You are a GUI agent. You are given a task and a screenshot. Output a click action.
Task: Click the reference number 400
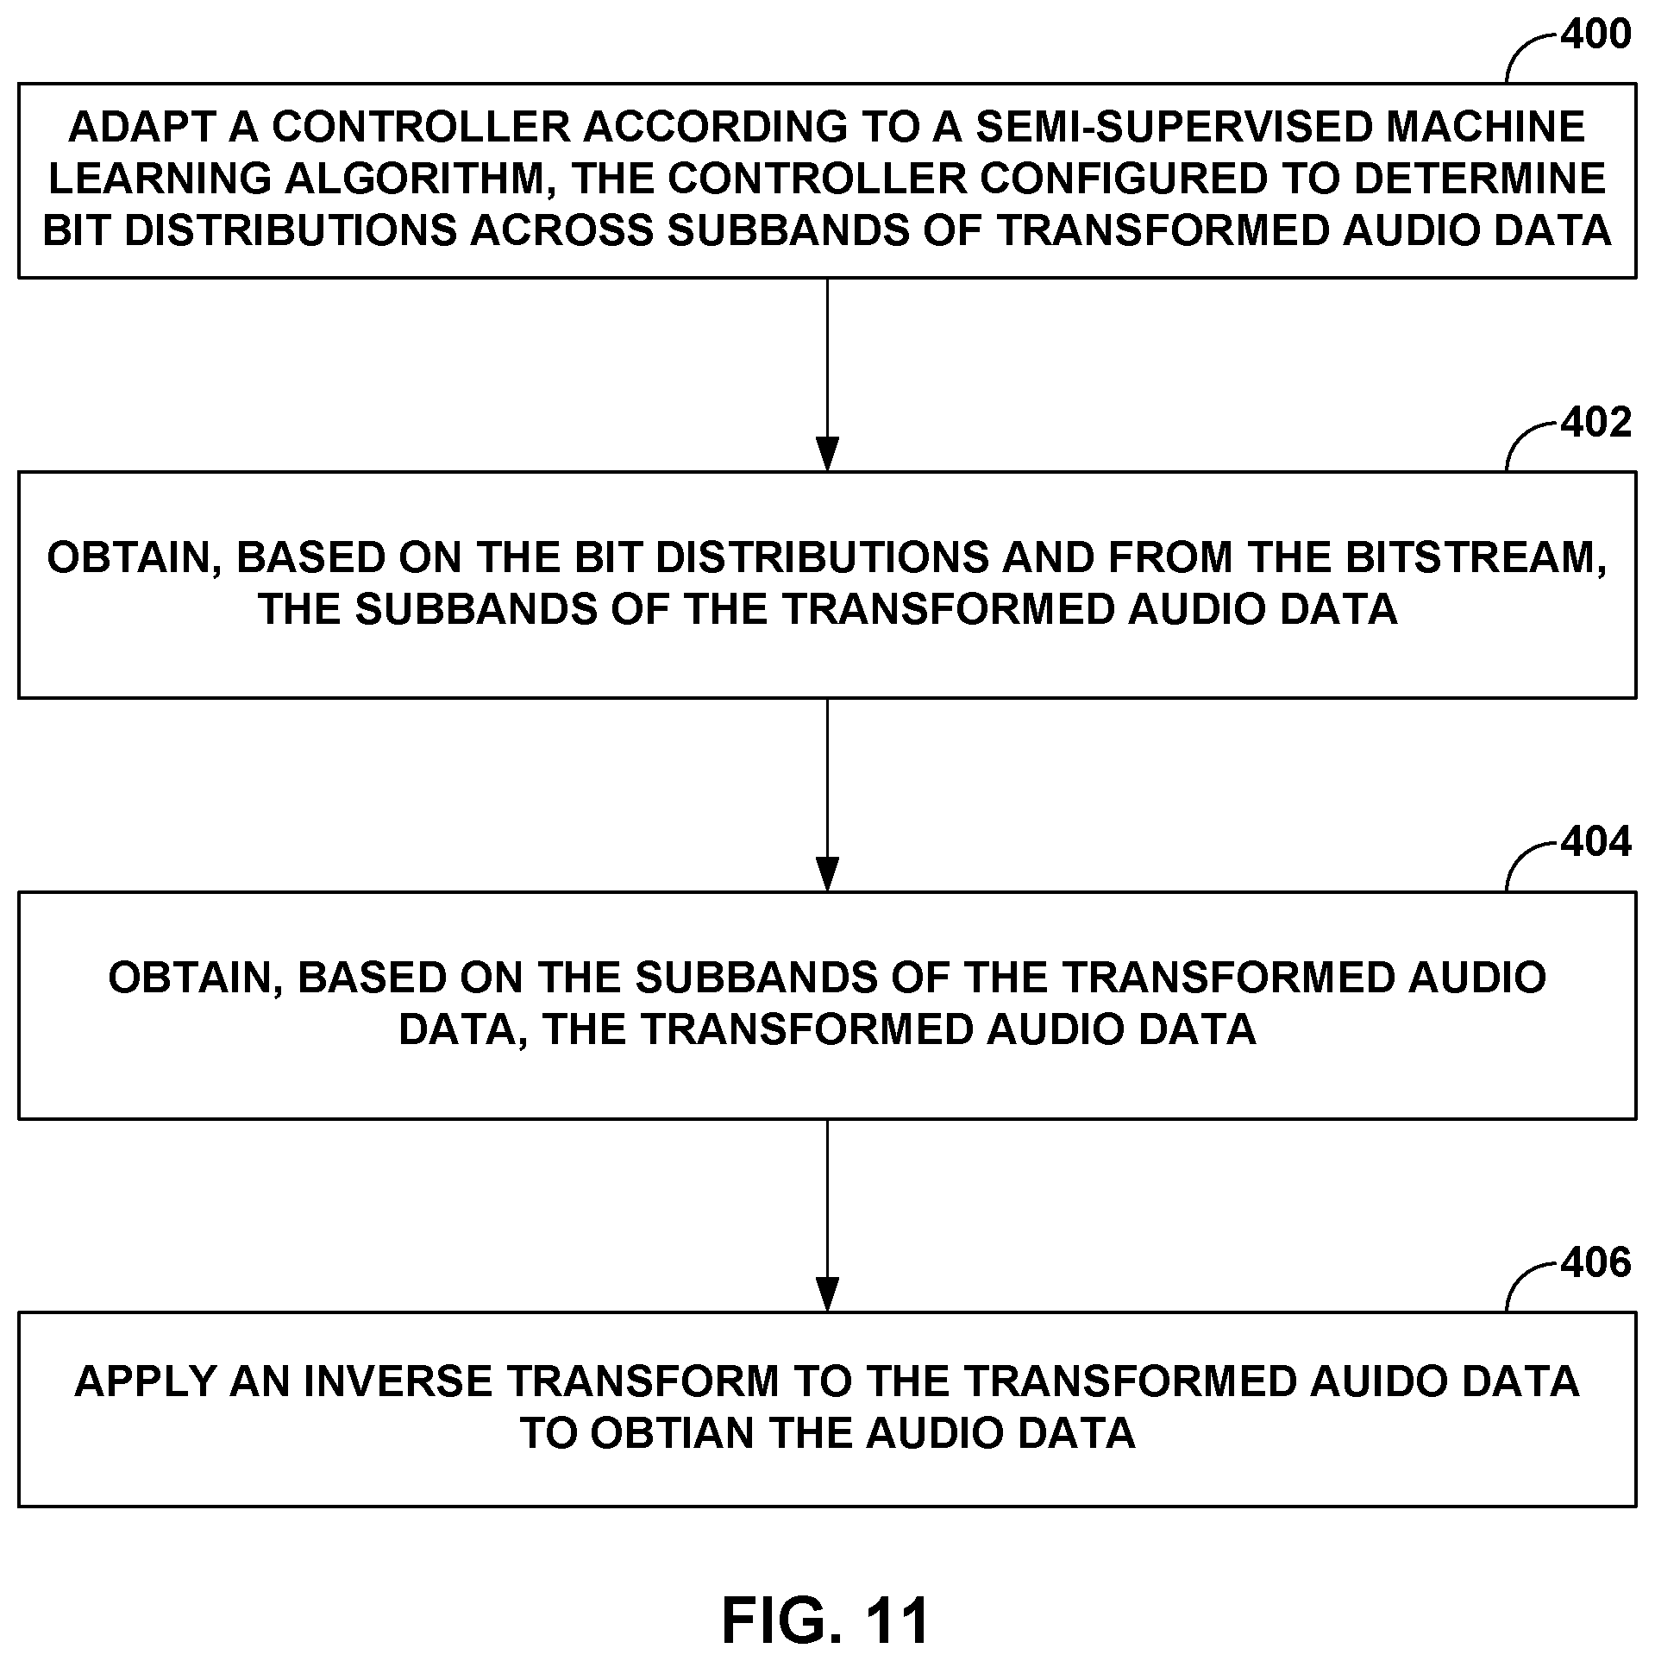coord(1595,35)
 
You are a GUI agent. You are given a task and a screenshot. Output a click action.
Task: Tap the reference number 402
coord(1595,424)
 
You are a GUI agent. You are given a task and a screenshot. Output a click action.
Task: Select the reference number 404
coord(1595,843)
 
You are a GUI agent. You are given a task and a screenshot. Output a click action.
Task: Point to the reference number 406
coord(1595,1263)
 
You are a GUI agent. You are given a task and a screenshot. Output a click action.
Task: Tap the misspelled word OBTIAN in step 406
coord(673,1433)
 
